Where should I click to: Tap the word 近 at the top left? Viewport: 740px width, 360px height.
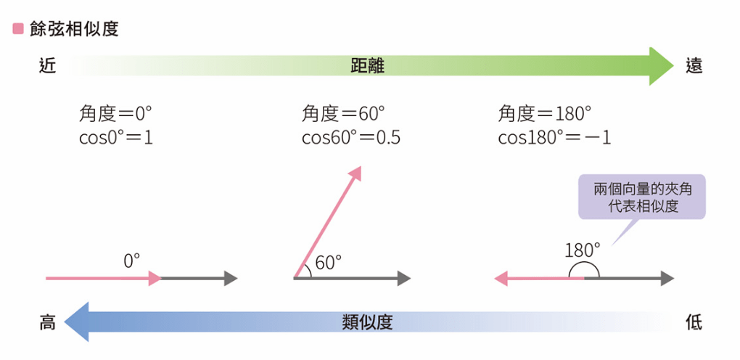point(47,67)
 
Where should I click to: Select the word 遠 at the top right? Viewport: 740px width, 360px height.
point(694,67)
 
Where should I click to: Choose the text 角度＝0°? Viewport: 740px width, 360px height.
point(115,114)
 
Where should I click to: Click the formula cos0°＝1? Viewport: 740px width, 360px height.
point(115,137)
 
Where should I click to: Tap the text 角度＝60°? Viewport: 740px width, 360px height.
point(343,114)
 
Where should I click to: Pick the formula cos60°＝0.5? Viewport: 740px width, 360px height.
point(351,137)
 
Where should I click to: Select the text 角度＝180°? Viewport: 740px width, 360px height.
point(544,114)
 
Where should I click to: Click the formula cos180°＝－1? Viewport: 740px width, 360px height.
point(554,137)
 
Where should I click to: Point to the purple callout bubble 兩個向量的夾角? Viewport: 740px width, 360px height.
point(641,197)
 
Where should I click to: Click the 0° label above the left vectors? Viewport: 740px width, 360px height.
point(132,260)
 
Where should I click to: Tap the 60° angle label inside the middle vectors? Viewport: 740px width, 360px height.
point(328,262)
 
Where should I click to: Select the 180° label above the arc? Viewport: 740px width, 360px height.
point(583,250)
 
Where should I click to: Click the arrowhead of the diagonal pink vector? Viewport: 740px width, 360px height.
point(355,173)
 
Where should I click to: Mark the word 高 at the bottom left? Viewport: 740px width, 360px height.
point(47,322)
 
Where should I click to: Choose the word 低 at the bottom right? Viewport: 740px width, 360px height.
point(694,322)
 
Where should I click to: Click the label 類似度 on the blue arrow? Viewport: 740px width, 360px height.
point(367,322)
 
